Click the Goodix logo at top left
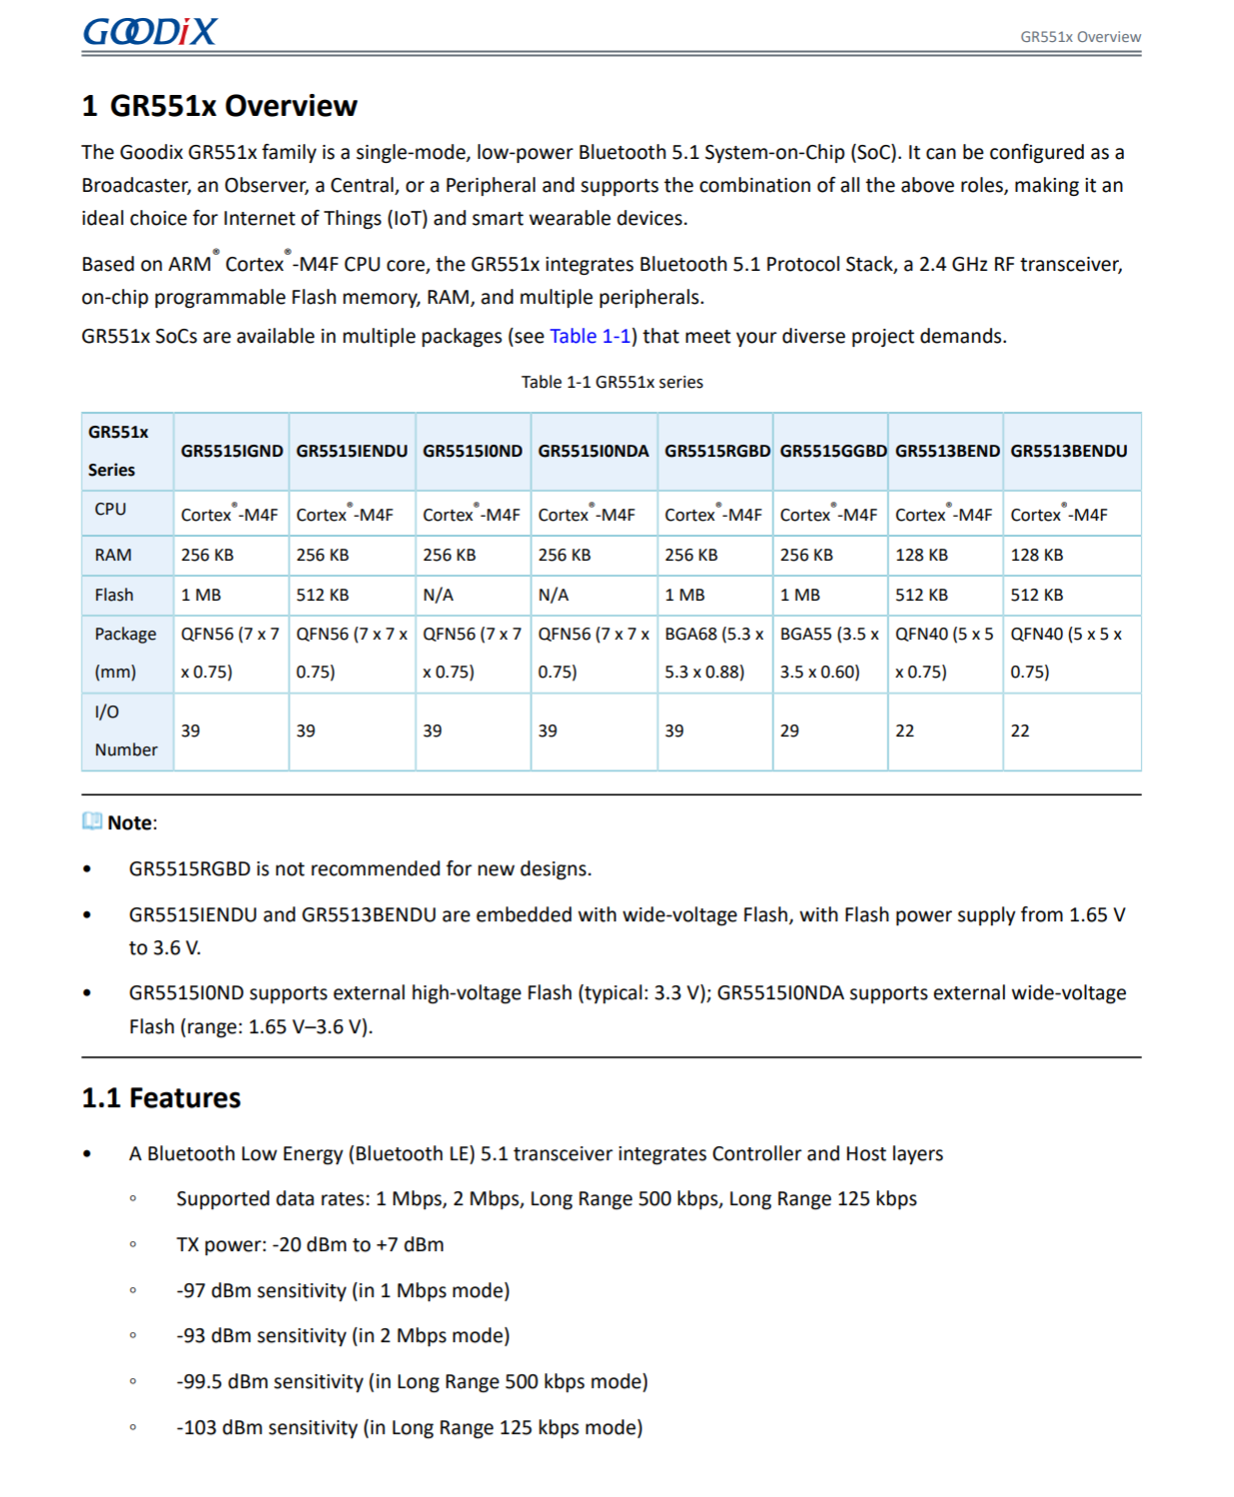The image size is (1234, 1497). (x=149, y=32)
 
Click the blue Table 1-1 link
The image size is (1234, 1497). (x=590, y=337)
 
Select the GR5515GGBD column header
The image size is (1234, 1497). (x=832, y=452)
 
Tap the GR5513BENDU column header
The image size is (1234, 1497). (x=1068, y=452)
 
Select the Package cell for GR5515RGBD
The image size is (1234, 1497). (x=714, y=653)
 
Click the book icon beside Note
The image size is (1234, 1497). (x=92, y=821)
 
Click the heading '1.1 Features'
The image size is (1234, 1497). (x=161, y=1098)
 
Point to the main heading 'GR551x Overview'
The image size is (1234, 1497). (x=219, y=106)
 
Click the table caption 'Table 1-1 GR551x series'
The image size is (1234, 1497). (x=612, y=383)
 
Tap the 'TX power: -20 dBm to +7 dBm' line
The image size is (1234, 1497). (x=310, y=1245)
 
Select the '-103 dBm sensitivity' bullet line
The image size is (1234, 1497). (x=409, y=1428)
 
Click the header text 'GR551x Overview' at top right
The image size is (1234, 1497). (x=1079, y=37)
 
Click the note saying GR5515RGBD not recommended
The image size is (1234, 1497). (x=360, y=869)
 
